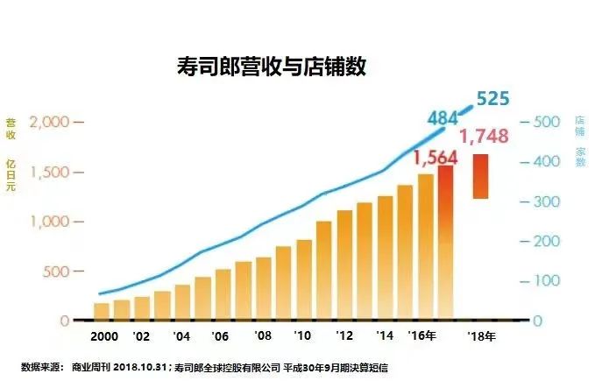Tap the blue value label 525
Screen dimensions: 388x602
point(492,98)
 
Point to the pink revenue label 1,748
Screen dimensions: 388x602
point(484,138)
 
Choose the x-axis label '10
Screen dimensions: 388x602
point(302,336)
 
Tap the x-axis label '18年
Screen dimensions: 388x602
point(481,336)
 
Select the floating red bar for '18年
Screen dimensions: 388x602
point(480,176)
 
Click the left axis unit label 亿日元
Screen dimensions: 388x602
point(11,176)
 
